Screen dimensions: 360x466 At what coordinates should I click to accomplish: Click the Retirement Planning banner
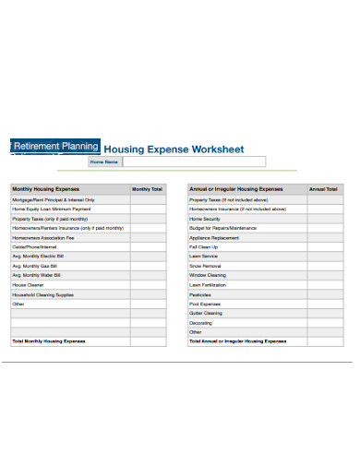point(54,146)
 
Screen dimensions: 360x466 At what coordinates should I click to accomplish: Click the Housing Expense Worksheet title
point(174,148)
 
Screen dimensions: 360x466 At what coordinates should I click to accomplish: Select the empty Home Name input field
point(193,161)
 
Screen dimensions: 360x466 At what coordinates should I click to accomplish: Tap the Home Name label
point(104,161)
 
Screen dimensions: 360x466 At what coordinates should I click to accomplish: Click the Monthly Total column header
point(147,188)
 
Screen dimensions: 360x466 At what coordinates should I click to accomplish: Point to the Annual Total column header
point(323,188)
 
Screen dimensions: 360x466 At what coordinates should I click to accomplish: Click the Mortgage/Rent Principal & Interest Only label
point(53,199)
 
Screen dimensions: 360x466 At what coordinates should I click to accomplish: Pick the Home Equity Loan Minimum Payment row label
point(54,209)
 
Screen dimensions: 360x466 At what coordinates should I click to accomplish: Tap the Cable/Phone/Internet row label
point(35,247)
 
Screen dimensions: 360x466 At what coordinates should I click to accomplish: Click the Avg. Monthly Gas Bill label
point(36,266)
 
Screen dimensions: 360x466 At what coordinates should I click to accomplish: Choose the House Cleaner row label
point(27,284)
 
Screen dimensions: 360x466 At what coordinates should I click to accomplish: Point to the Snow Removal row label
point(206,266)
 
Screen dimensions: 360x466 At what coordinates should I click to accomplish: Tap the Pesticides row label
point(201,294)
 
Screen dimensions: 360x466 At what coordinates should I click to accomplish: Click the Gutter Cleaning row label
point(207,313)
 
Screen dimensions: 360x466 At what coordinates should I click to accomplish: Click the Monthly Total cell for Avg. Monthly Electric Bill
point(147,257)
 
